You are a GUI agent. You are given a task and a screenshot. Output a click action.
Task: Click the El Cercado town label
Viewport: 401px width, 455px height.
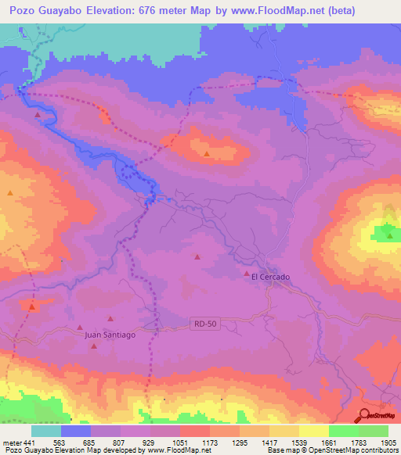click(x=270, y=277)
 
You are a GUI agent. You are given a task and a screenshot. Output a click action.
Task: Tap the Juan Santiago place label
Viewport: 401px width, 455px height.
click(x=110, y=335)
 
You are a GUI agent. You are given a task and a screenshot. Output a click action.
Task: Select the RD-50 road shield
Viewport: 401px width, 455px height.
click(x=201, y=322)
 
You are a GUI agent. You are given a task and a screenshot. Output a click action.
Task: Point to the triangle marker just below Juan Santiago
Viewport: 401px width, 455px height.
click(x=96, y=345)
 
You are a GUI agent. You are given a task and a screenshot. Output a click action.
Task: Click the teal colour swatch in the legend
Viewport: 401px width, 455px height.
click(x=46, y=431)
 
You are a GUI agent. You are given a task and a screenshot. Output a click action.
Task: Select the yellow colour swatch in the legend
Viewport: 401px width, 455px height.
click(x=313, y=431)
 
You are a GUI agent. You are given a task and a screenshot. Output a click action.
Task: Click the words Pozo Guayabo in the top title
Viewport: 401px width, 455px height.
click(x=48, y=11)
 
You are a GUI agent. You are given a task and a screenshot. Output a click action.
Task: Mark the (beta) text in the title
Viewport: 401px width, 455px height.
click(x=316, y=11)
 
